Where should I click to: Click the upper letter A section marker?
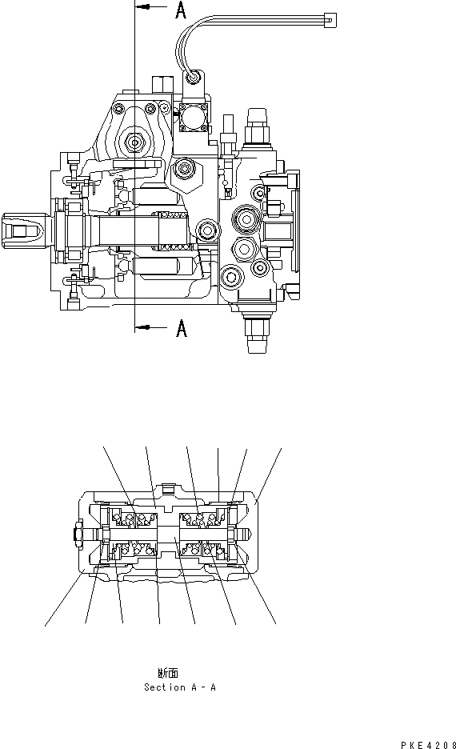[x=181, y=10]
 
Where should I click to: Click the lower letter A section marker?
[x=181, y=327]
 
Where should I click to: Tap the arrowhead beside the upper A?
[x=142, y=6]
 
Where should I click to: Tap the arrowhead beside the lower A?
[x=142, y=327]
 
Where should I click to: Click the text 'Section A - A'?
[x=179, y=687]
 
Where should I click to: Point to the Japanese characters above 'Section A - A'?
[x=168, y=673]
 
